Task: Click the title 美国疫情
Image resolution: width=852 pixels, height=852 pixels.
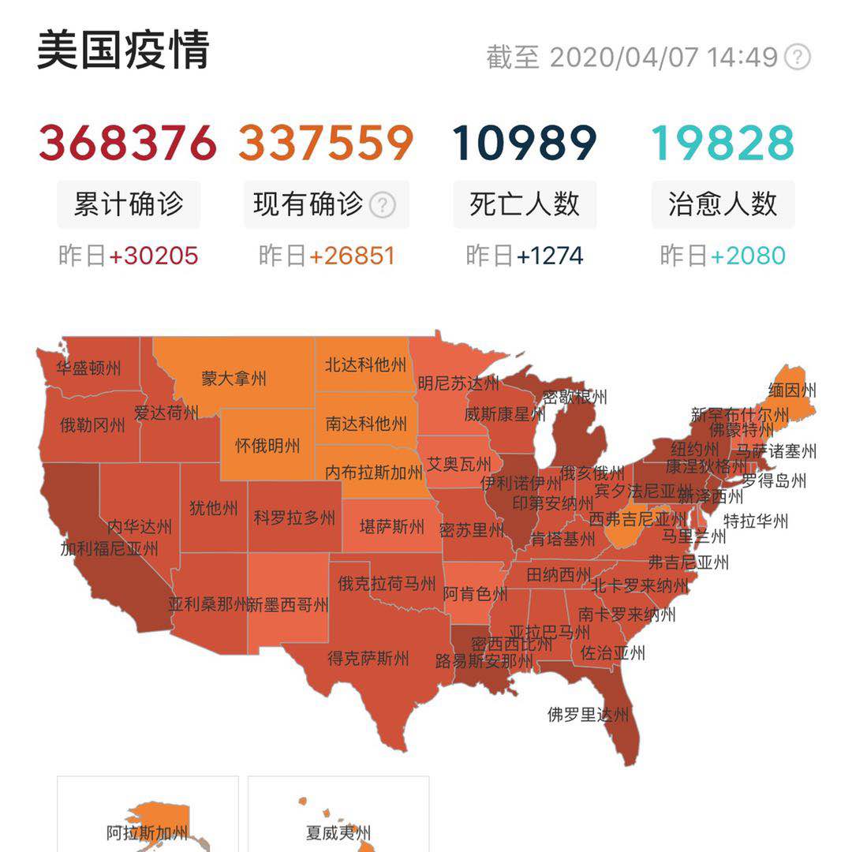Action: [x=123, y=50]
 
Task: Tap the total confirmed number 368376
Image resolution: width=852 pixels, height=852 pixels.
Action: [x=128, y=143]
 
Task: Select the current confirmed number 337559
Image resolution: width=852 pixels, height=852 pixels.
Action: [x=326, y=143]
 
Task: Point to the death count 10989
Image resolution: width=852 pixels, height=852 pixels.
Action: [x=525, y=143]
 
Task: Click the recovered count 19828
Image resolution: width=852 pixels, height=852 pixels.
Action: [x=723, y=143]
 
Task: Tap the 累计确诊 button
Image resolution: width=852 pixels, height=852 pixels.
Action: [x=129, y=204]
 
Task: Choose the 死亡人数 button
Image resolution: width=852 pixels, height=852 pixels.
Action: [x=525, y=204]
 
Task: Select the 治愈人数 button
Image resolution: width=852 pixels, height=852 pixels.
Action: [x=723, y=204]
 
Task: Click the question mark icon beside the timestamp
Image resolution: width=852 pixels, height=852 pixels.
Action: [x=798, y=58]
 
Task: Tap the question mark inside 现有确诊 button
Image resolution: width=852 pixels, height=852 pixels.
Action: [x=383, y=205]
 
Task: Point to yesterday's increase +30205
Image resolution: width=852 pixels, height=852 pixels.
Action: [x=154, y=256]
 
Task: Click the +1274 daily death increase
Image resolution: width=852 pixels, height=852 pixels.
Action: [x=550, y=256]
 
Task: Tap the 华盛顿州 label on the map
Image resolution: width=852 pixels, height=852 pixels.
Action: [x=88, y=368]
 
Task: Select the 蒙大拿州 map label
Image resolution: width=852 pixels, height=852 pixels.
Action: [x=234, y=378]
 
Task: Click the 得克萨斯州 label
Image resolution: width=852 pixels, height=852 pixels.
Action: [x=368, y=658]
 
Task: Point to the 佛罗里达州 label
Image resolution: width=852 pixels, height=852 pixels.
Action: [x=589, y=715]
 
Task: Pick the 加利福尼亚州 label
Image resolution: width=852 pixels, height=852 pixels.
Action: [x=110, y=547]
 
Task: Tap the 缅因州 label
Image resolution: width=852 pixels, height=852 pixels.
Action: [x=792, y=390]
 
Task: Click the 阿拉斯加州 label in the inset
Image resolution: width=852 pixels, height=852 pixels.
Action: [x=148, y=832]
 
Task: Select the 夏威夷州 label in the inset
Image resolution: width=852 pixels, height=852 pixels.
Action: [x=338, y=832]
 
